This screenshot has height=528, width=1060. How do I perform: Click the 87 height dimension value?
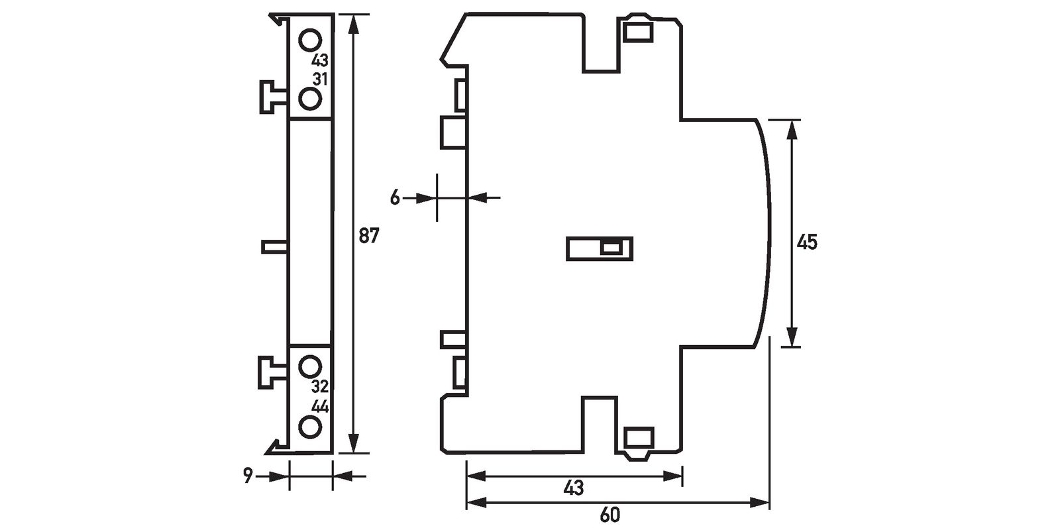click(x=368, y=235)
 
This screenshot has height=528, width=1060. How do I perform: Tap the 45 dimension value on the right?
click(x=807, y=242)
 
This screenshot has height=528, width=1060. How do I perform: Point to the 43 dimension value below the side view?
click(x=574, y=488)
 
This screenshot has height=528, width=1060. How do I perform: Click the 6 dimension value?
click(x=395, y=197)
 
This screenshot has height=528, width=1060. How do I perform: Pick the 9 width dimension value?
click(x=248, y=476)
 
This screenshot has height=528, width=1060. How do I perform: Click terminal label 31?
click(x=320, y=78)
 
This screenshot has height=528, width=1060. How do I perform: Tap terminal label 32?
click(x=320, y=387)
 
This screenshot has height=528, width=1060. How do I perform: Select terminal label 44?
click(x=320, y=406)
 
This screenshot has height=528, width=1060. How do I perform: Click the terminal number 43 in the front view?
click(x=320, y=60)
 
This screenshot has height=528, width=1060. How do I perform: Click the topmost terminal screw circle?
click(x=309, y=40)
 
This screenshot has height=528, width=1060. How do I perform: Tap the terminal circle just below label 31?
click(x=309, y=99)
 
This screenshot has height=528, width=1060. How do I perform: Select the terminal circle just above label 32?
click(x=309, y=366)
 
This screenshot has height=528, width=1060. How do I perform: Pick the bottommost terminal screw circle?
click(x=309, y=427)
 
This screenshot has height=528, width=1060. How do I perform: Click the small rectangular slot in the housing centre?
click(x=600, y=248)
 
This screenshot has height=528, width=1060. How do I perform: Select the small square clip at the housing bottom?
click(x=639, y=437)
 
